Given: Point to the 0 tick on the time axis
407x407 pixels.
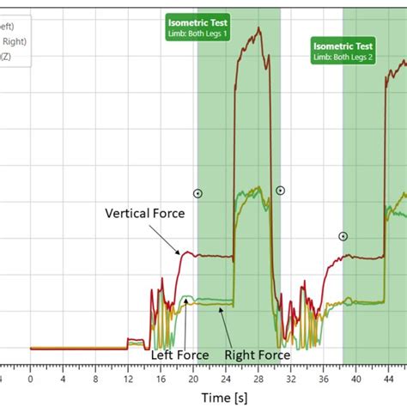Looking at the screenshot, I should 30,375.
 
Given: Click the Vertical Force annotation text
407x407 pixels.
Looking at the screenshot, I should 144,214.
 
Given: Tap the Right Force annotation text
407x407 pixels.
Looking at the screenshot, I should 257,354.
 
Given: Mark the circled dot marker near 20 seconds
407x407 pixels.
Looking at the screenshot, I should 198,194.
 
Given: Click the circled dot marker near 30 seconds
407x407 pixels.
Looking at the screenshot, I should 280,191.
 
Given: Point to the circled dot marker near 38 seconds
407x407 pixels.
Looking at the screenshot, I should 343,236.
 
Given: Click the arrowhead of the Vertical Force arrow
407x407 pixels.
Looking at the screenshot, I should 180,252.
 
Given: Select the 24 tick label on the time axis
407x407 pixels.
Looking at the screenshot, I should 230,375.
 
